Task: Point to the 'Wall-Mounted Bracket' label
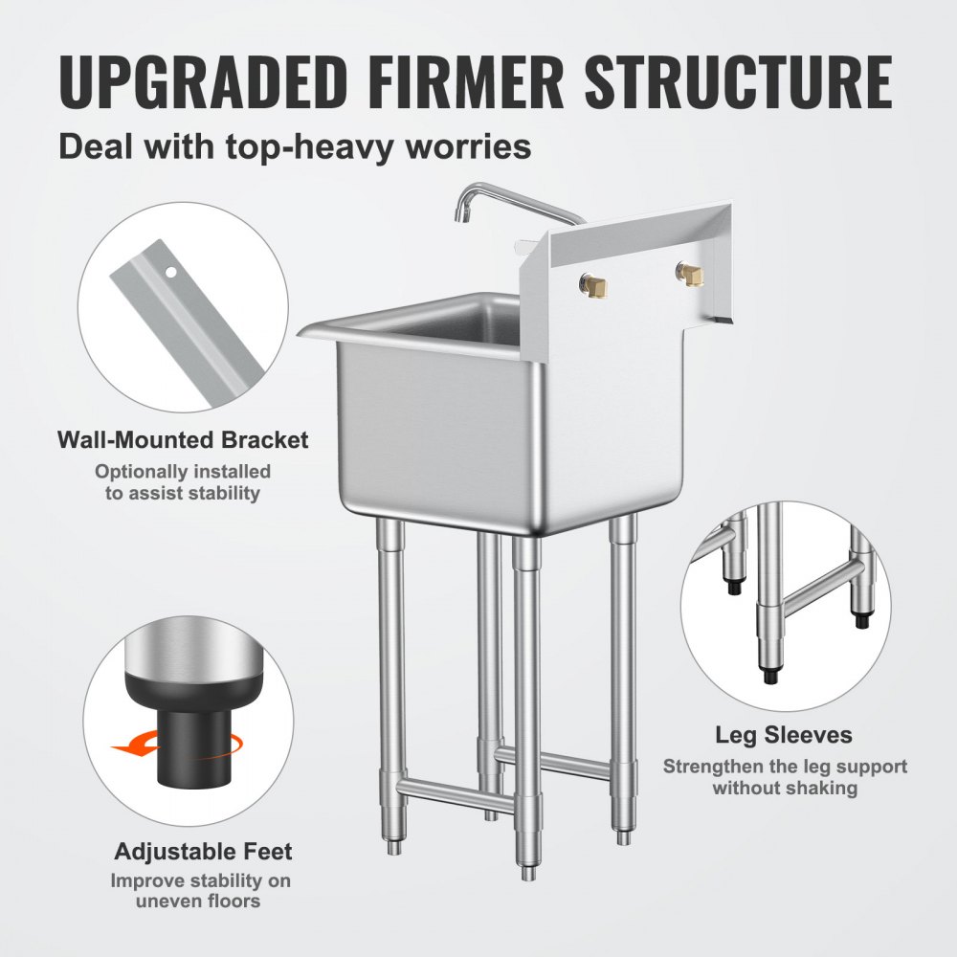(183, 440)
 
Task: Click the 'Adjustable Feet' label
(204, 851)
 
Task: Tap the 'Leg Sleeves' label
(784, 735)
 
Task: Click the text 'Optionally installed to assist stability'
(183, 482)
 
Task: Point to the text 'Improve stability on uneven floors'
(201, 891)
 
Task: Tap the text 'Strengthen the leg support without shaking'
(785, 777)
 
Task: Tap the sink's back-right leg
(623, 670)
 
